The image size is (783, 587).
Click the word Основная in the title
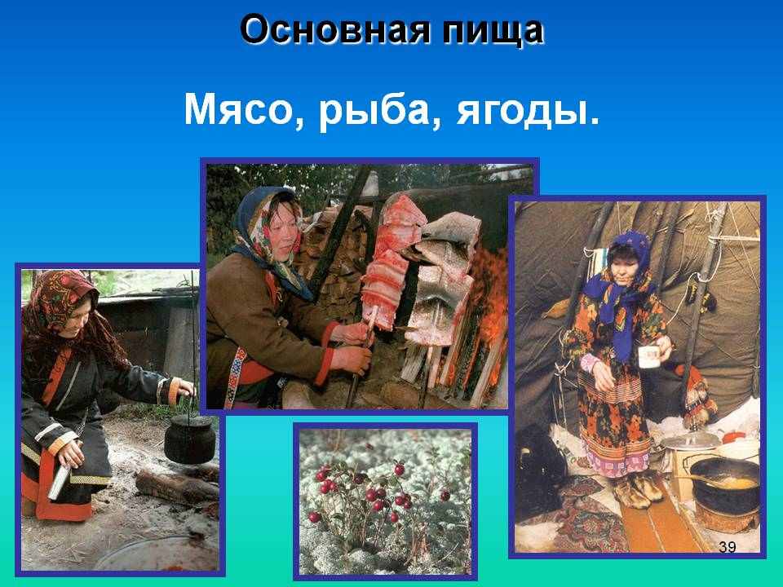(334, 30)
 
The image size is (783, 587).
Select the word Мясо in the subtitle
(237, 109)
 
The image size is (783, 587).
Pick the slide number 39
(727, 547)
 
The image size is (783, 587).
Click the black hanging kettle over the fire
(190, 439)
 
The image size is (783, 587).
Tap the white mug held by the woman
(649, 356)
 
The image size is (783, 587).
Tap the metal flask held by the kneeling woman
(60, 482)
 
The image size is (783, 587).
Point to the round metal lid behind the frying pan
(691, 441)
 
